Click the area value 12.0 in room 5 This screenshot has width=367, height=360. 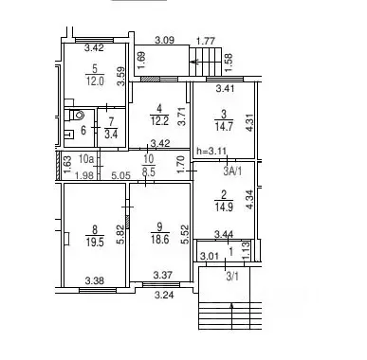(x=95, y=81)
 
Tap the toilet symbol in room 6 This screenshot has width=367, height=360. (x=77, y=115)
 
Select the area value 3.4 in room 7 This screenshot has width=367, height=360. (x=111, y=135)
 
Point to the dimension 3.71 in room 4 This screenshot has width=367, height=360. (x=181, y=116)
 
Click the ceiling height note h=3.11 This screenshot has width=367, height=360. (x=211, y=151)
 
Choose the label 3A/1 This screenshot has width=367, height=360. (x=232, y=171)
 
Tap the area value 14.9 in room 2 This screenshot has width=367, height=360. (x=224, y=207)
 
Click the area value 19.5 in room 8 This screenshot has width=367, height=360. (x=95, y=243)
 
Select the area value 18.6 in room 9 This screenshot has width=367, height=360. (x=159, y=240)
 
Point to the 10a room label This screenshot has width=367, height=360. (x=86, y=158)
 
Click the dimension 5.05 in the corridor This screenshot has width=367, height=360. (x=121, y=175)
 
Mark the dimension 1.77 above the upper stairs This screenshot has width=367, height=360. (x=206, y=41)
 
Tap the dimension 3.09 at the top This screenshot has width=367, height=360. (x=165, y=41)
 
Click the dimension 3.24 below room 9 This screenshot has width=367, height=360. (x=164, y=296)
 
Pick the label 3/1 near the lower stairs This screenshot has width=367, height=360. (x=232, y=277)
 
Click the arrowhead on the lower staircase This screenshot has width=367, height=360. (x=232, y=305)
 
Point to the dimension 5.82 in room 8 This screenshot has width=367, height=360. (x=120, y=235)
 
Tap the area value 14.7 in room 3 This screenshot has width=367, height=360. (x=224, y=126)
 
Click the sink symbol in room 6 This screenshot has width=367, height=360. (x=69, y=135)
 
